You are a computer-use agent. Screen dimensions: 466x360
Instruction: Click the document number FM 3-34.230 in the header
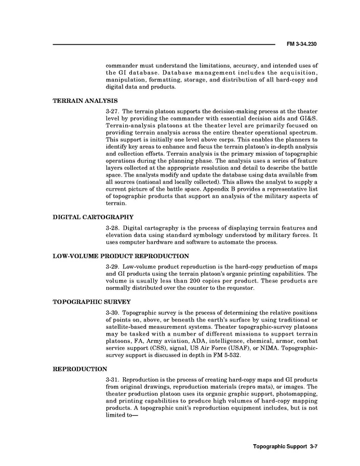301,45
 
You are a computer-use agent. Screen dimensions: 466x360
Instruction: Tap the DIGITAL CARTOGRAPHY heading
94,217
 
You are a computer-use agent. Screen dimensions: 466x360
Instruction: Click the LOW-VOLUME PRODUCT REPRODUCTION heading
121,256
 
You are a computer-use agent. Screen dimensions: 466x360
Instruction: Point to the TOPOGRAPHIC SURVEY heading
91,301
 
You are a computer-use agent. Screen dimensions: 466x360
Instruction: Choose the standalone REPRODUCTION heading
80,369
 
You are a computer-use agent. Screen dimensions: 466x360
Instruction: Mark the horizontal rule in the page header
164,45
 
